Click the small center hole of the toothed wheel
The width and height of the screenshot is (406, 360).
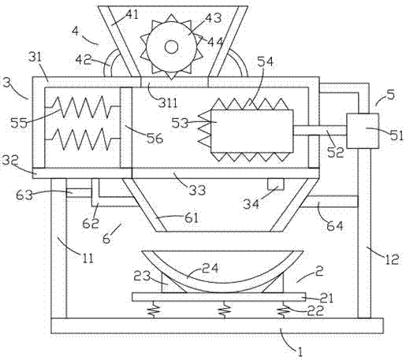point(171,47)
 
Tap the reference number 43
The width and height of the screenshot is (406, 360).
point(213,18)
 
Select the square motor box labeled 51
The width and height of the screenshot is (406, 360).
point(363,131)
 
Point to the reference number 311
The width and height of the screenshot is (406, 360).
point(168,103)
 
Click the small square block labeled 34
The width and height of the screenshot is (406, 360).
point(276,184)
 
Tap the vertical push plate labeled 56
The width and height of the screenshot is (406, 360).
point(126,128)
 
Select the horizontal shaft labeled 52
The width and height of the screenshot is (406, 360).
point(320,131)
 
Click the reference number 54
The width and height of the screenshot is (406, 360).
point(265,61)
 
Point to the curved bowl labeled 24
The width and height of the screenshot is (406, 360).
point(222,273)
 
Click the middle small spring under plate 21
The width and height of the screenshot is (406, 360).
point(224,310)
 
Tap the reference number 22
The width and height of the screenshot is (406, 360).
point(315,311)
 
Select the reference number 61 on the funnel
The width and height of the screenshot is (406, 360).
point(191,217)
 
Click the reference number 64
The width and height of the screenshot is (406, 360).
point(334,225)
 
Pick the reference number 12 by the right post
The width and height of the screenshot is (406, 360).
point(392,259)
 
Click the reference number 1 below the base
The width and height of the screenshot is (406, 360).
point(300,352)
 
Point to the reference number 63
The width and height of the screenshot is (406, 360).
point(24,195)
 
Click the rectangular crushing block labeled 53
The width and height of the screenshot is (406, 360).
point(251,131)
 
